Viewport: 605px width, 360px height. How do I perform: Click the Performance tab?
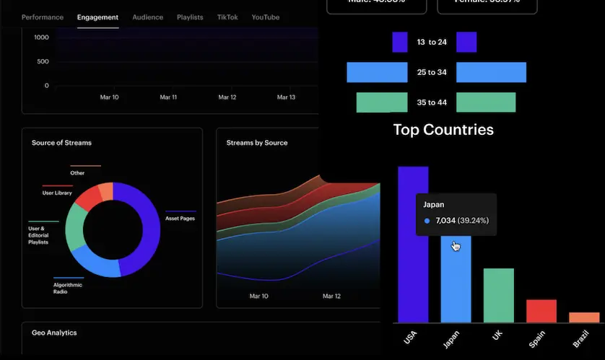point(43,17)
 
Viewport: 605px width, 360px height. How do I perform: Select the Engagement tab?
point(97,17)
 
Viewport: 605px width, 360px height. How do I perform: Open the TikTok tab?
point(227,17)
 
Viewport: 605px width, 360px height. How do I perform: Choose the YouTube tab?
point(265,17)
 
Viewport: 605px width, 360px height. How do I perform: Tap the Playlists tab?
point(190,17)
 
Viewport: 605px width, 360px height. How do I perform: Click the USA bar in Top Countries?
point(413,245)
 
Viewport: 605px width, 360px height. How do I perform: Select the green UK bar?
point(498,296)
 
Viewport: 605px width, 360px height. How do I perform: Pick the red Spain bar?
point(541,311)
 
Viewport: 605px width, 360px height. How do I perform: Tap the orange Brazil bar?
point(584,317)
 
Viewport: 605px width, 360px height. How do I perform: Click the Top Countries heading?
point(443,130)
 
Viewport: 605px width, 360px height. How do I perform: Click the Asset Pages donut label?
point(180,218)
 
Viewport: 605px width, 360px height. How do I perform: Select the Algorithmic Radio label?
point(68,288)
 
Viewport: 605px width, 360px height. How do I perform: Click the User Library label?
point(57,193)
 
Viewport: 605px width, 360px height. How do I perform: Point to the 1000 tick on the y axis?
point(41,37)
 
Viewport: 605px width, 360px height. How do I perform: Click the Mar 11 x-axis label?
point(169,97)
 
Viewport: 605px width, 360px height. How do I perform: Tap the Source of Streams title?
point(61,143)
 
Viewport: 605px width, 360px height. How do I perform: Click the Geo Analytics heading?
point(54,333)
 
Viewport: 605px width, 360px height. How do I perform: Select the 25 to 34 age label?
point(432,72)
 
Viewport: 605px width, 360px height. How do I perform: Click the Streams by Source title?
point(257,143)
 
